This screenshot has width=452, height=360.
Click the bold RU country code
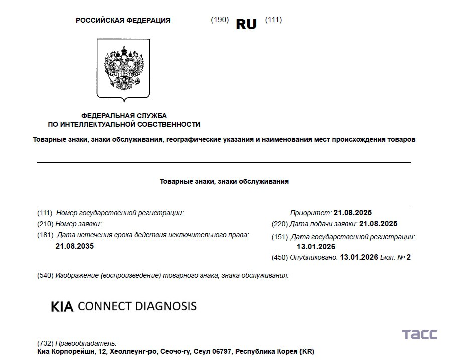pos(246,24)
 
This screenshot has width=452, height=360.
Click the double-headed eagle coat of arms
pos(123,68)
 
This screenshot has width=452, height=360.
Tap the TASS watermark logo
pos(419,335)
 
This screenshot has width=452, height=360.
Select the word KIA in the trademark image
pos(62,307)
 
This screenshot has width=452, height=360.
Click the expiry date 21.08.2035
pos(75,246)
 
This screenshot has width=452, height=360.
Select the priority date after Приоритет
pos(353,213)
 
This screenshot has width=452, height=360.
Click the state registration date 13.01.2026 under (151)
pos(316,247)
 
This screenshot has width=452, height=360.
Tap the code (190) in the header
pos(220,20)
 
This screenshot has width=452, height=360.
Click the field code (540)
pos(45,275)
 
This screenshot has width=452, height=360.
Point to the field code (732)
pos(45,343)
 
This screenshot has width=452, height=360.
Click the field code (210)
pos(45,224)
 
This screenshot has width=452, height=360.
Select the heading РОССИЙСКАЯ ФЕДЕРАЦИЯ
pos(123,20)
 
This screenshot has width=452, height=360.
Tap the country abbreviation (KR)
pos(307,352)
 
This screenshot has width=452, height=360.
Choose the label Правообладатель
pos(86,343)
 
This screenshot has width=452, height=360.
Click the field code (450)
pos(279,257)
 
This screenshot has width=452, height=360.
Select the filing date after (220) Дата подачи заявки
pos(379,224)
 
